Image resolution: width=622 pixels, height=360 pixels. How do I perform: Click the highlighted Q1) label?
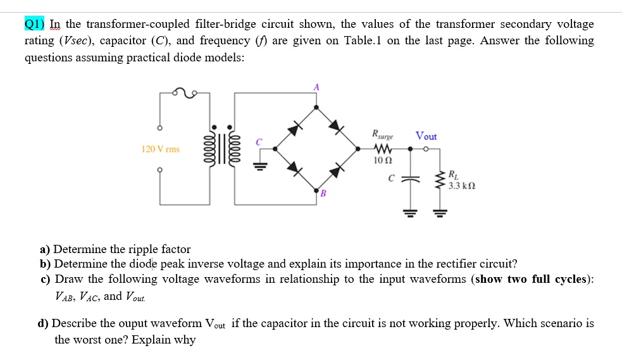35,24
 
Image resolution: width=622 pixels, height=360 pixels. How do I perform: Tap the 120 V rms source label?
160,149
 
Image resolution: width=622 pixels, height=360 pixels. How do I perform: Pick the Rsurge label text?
383,135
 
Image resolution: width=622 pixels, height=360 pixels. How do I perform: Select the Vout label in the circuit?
426,136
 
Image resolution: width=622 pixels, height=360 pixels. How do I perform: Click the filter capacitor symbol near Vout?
410,179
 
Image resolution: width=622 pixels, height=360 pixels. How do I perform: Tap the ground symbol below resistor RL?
438,213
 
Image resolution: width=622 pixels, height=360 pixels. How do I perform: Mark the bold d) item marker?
43,323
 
